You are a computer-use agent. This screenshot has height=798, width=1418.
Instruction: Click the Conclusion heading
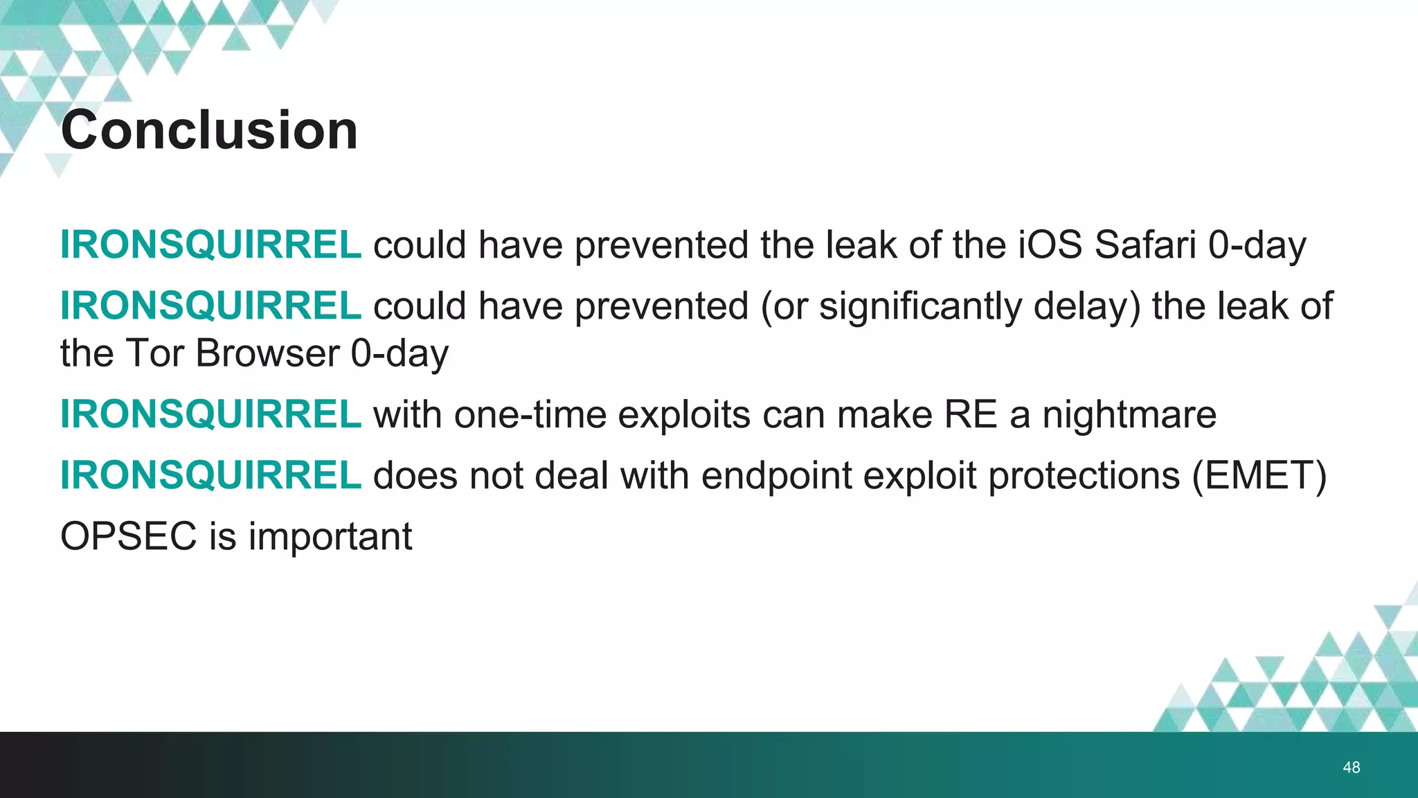(209, 130)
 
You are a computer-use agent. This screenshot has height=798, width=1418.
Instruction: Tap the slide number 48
(1351, 768)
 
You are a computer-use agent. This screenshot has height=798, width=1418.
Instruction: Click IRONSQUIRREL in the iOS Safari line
(210, 245)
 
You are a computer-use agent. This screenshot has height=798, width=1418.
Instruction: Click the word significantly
(920, 306)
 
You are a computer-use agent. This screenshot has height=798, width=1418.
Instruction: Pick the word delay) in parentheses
(1087, 306)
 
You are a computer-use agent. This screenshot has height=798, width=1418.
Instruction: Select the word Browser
(267, 353)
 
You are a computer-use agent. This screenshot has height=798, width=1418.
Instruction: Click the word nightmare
(1129, 414)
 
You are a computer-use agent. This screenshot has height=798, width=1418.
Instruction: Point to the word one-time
(530, 414)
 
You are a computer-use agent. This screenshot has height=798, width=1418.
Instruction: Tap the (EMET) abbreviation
(1259, 476)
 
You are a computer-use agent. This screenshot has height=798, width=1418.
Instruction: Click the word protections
(1084, 476)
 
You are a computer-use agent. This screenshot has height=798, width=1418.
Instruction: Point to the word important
(330, 536)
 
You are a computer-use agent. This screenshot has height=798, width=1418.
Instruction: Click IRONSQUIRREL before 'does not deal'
(210, 476)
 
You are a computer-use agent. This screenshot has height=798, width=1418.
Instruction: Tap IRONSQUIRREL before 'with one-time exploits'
(210, 414)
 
